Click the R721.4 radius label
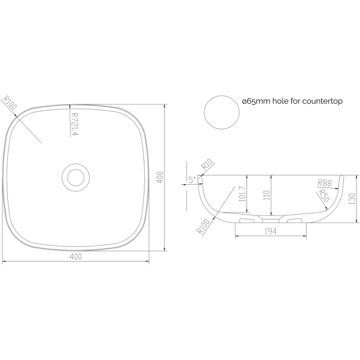coord(75,124)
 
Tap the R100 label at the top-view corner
coord(9,103)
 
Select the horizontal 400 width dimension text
coord(75,257)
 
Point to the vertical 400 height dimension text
coord(160,177)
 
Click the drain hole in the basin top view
coord(75,177)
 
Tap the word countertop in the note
coord(322,101)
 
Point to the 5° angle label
coord(192,180)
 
